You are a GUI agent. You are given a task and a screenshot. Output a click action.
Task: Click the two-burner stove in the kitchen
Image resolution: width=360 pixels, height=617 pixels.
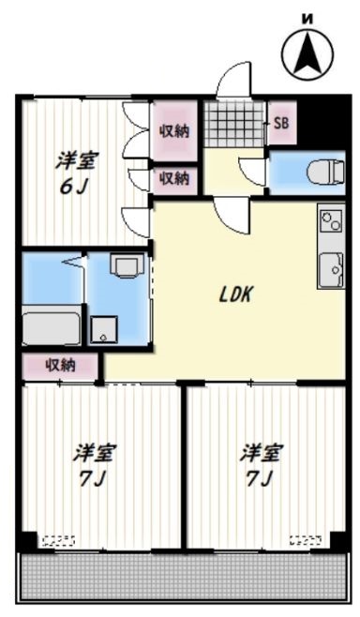coord(331,221)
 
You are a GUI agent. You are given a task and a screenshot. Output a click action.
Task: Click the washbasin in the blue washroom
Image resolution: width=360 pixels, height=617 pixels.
coord(123,266)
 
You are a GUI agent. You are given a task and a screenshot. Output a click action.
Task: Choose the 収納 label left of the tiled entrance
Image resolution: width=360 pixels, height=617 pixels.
coord(173,130)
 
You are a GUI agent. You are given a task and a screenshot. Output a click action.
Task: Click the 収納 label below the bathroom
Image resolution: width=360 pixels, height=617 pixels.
coord(61,366)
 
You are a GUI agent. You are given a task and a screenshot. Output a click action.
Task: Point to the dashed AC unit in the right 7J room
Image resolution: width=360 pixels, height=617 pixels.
coord(306,539)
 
